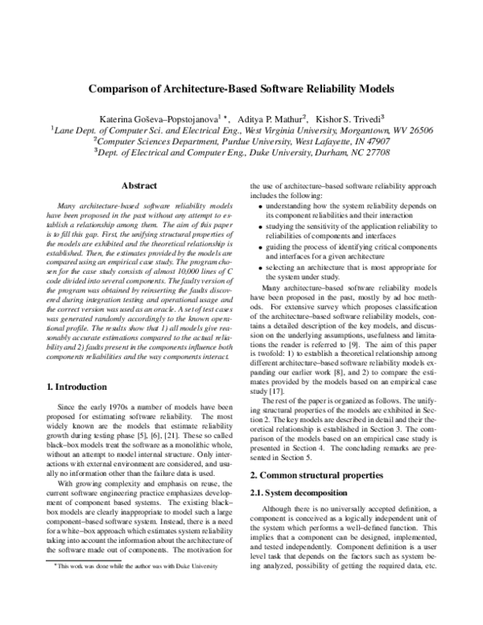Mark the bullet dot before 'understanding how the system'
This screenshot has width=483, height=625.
[x=258, y=207]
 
